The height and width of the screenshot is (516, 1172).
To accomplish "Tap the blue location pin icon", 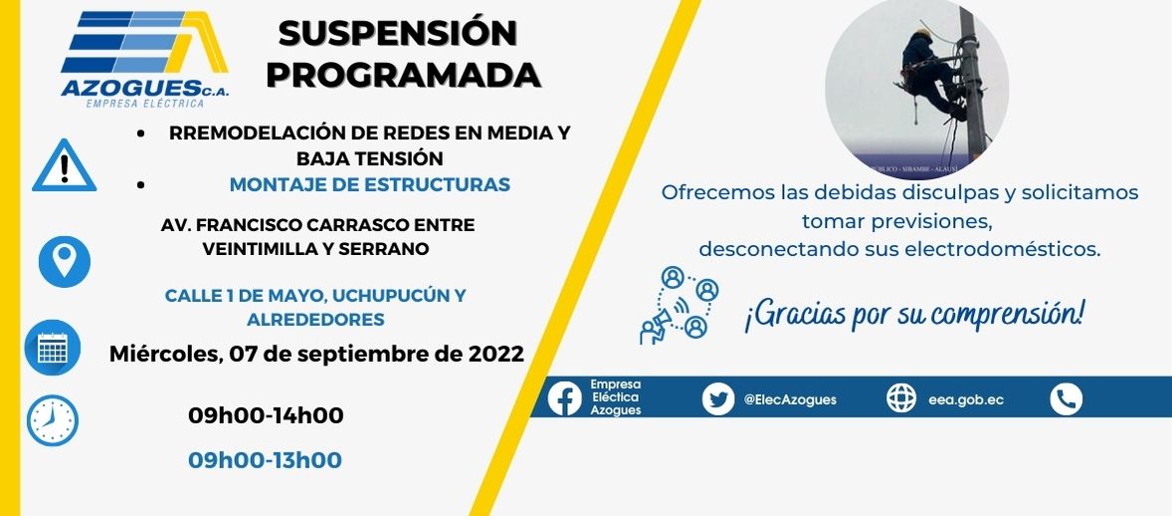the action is coord(65,261).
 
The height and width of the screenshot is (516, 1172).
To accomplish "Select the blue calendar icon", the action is coord(53,348).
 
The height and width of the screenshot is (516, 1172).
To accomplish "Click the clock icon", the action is coord(53,420).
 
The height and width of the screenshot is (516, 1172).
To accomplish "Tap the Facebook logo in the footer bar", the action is coord(564,397).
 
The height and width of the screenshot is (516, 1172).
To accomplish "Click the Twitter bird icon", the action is coord(718,398).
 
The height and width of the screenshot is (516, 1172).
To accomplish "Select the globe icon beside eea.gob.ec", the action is coord(901,397).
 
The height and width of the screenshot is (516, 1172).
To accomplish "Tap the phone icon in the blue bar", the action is coord(1066,398).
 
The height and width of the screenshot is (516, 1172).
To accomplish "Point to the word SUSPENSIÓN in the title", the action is coord(398,34).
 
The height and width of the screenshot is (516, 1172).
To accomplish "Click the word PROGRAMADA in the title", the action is coord(404,74).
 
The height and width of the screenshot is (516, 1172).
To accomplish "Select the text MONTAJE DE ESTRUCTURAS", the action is coord(370,184).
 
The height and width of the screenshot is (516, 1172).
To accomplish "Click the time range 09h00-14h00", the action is coord(266,415).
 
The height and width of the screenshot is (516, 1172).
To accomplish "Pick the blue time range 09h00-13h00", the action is coord(266,460).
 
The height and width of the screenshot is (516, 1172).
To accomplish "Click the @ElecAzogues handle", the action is coord(790,399).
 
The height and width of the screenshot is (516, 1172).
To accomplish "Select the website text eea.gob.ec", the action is coord(966,399).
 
